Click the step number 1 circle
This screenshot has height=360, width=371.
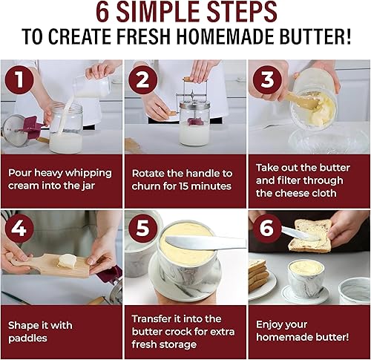(x=19, y=79)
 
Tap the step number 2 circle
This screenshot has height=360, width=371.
(x=142, y=79)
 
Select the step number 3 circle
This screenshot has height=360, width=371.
(x=267, y=79)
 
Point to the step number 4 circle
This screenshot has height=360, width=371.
(x=19, y=228)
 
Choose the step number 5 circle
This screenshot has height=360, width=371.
(x=142, y=228)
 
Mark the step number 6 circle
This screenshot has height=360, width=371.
(x=267, y=228)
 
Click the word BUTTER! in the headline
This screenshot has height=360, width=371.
(x=315, y=36)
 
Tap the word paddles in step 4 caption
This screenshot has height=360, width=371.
(x=27, y=338)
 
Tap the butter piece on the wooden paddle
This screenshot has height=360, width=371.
(x=67, y=261)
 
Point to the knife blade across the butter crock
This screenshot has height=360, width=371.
(x=206, y=243)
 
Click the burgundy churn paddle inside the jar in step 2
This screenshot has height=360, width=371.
(x=195, y=121)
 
